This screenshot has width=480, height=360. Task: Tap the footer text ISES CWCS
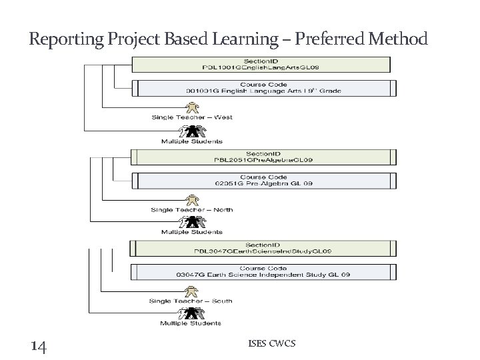(x=271, y=343)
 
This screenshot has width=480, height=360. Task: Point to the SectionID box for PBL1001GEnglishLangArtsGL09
(x=261, y=64)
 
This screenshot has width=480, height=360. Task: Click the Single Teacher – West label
(x=191, y=117)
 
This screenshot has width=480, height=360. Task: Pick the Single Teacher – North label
(x=191, y=209)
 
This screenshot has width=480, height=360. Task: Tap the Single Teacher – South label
(x=191, y=301)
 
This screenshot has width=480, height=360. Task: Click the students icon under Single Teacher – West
(x=191, y=131)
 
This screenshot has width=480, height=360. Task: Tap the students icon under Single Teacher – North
(x=191, y=222)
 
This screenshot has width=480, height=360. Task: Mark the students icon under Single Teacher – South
(x=191, y=313)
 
